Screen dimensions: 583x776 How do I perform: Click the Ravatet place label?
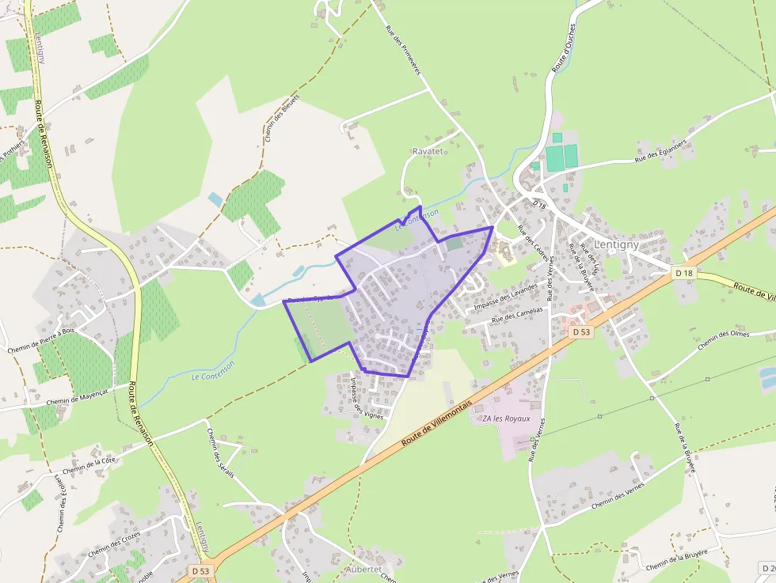tap(428, 150)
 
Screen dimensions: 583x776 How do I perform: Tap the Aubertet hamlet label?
tap(364, 569)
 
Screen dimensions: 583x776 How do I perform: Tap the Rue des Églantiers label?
tap(660, 148)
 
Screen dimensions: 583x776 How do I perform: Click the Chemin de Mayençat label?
tap(76, 396)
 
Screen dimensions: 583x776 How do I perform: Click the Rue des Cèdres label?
tap(532, 241)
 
